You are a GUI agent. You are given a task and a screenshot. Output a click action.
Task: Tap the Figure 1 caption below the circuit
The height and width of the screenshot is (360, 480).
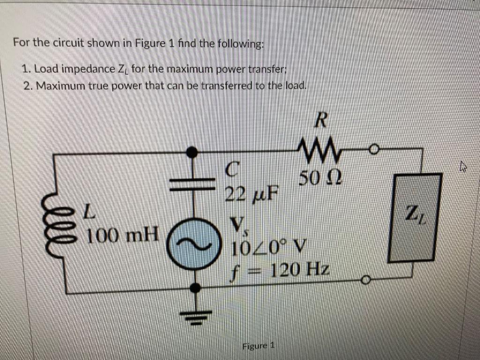[x=258, y=346]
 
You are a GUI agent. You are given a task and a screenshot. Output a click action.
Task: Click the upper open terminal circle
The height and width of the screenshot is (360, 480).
[x=374, y=150]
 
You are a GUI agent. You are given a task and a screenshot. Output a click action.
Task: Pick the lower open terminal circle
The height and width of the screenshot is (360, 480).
[x=366, y=281]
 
